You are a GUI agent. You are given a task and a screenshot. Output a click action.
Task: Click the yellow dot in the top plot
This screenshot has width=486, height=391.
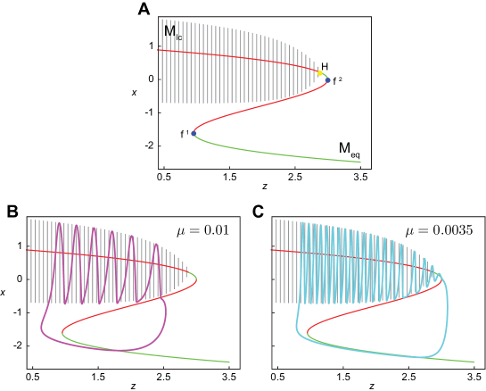(x=319, y=72)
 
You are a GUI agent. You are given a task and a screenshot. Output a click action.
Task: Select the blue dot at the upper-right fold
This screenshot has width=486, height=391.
(x=327, y=80)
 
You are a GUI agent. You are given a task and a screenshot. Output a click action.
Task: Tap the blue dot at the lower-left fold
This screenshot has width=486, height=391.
(x=194, y=133)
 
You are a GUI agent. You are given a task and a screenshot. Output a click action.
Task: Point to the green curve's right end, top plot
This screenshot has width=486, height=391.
(x=360, y=162)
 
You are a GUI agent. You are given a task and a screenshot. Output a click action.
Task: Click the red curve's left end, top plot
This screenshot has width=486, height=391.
(x=160, y=50)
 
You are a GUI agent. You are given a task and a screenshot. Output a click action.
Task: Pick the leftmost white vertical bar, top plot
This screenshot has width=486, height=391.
(x=163, y=62)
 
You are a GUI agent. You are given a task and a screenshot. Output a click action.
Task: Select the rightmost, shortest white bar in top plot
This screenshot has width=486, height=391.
(x=317, y=75)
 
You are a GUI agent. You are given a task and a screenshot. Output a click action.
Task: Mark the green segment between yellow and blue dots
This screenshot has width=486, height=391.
(x=325, y=75)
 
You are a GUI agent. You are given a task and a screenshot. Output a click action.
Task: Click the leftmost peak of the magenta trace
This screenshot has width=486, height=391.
(x=60, y=224)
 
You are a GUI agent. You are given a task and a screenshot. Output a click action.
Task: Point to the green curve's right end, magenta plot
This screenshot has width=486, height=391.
(x=229, y=362)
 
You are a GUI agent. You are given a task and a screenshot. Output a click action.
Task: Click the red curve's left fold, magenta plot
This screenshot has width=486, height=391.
(x=62, y=333)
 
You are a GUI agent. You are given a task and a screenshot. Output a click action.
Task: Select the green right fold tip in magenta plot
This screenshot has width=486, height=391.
(x=196, y=279)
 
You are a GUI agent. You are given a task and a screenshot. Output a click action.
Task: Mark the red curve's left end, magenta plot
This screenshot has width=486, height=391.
(x=29, y=250)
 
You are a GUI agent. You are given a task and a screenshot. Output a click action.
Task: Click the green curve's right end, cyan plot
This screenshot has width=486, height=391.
(x=474, y=362)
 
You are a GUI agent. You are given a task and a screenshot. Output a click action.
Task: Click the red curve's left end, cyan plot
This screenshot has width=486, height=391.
(x=273, y=250)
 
